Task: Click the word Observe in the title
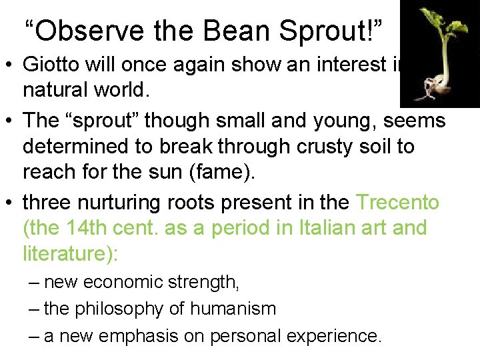(x=79, y=30)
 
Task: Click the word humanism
(x=233, y=309)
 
